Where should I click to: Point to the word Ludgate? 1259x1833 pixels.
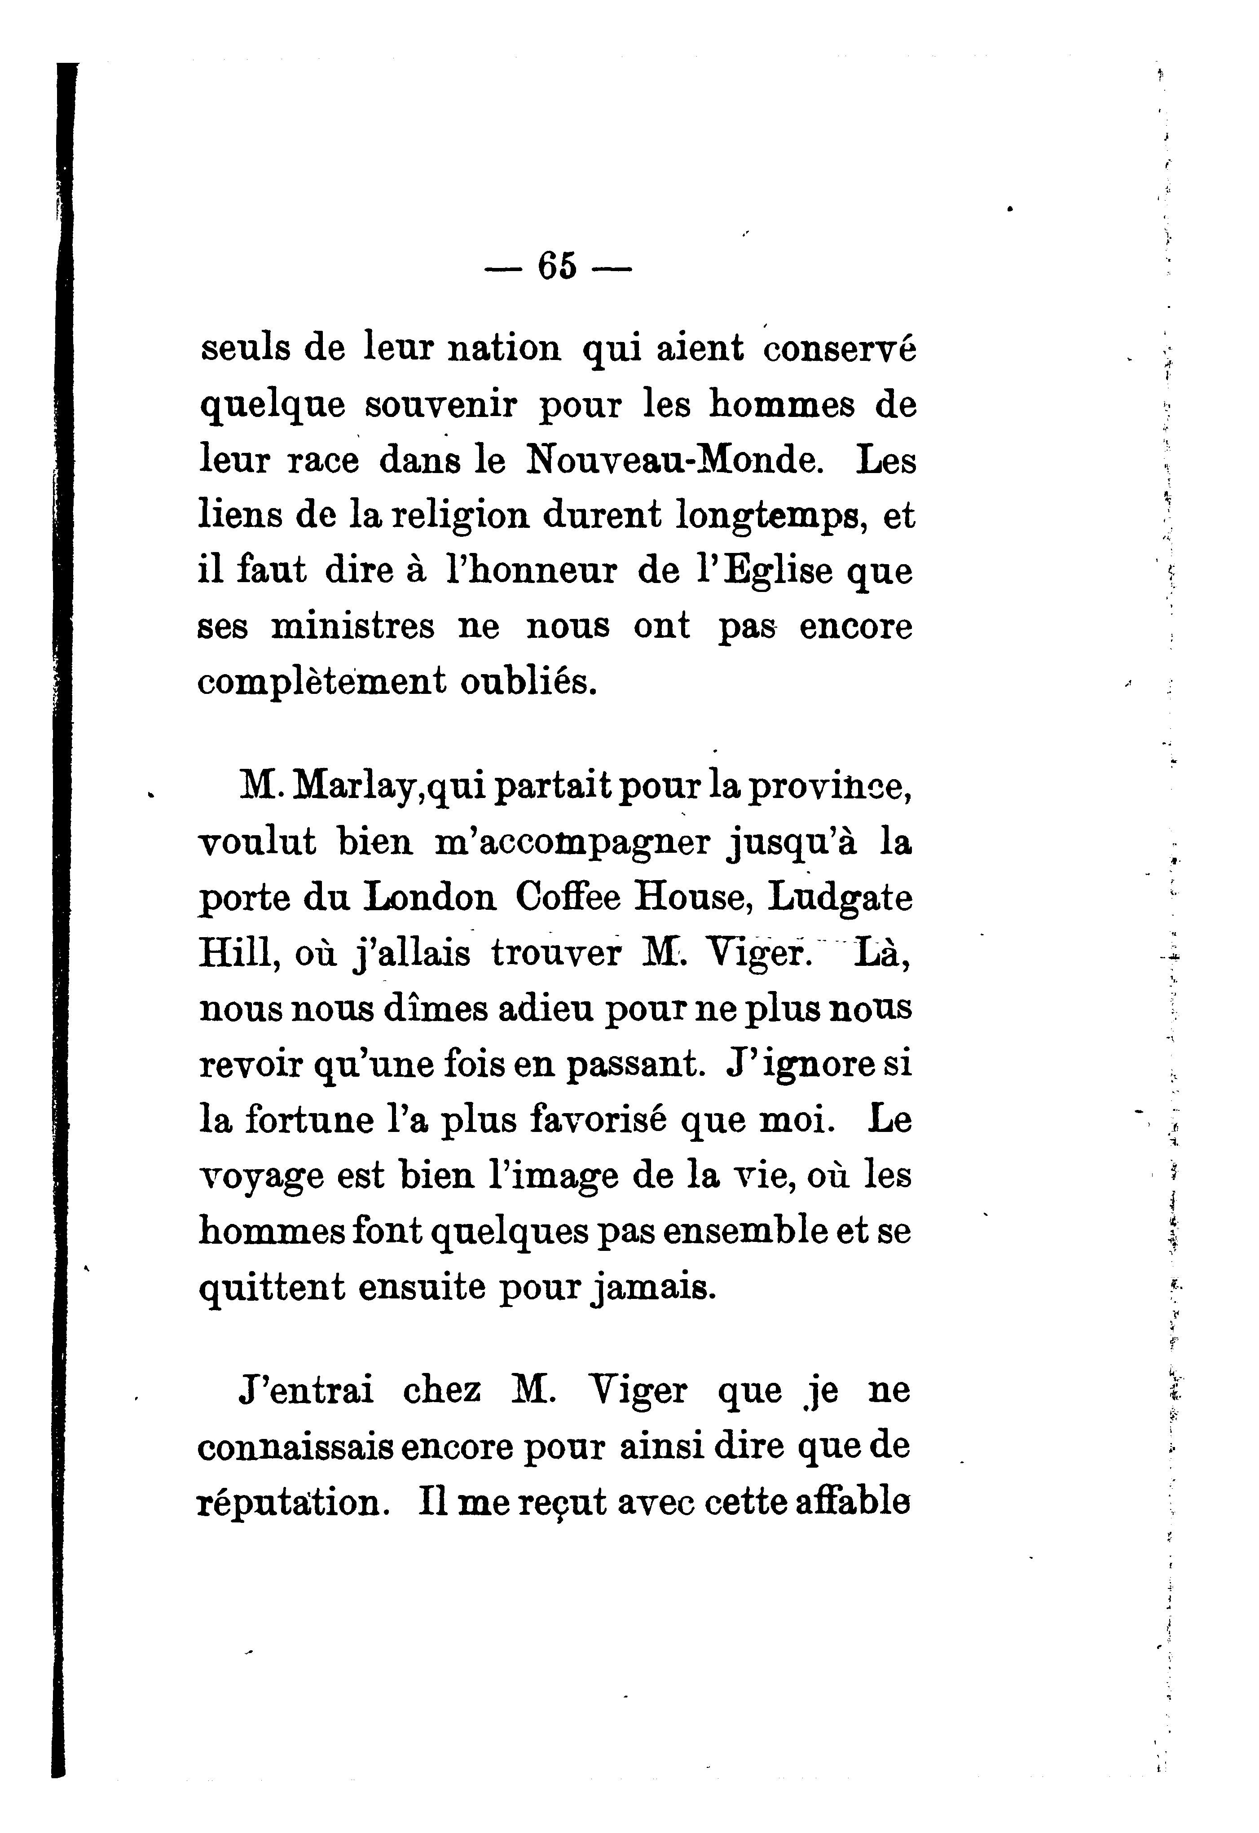(840, 899)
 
